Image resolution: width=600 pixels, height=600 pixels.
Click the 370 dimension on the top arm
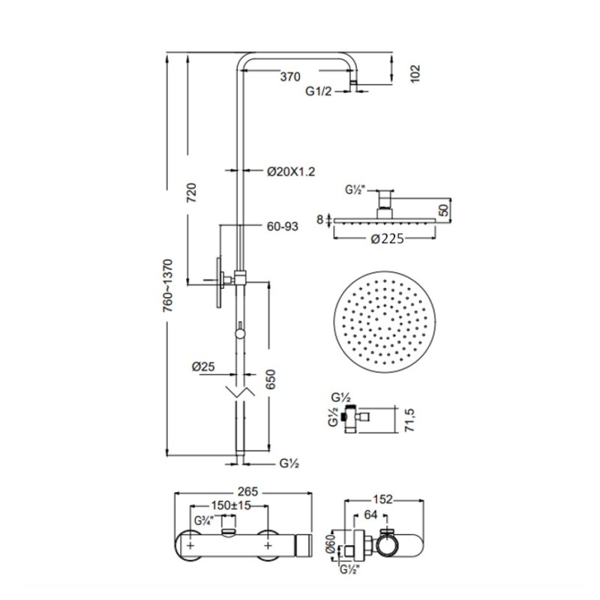[x=290, y=76]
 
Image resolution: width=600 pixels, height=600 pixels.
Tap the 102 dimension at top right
[x=415, y=73]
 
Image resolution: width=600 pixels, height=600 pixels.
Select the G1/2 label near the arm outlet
[x=318, y=91]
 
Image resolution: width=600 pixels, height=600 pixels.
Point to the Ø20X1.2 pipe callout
[x=291, y=172]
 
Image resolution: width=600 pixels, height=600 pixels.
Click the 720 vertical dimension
[x=192, y=193]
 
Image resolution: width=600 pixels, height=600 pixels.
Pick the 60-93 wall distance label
[x=283, y=226]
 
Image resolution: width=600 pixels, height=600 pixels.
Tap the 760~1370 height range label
[x=167, y=286]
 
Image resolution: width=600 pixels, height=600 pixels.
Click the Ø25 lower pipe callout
[x=203, y=367]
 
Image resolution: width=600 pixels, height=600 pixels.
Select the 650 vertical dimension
[x=271, y=379]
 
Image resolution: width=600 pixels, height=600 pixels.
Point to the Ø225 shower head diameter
[x=387, y=238]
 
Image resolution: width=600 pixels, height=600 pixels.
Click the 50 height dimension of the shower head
[x=443, y=210]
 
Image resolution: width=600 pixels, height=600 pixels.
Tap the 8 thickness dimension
[x=320, y=220]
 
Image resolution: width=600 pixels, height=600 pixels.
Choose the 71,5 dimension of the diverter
[x=409, y=420]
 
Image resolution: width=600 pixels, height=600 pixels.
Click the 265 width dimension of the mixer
[x=248, y=491]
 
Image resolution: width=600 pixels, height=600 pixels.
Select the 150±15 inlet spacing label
[x=231, y=505]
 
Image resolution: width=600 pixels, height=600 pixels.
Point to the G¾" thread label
[x=203, y=520]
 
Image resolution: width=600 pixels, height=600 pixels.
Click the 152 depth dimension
[x=383, y=499]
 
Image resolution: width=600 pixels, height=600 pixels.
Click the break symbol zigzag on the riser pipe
[x=240, y=391]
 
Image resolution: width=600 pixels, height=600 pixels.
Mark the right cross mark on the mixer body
[x=268, y=545]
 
